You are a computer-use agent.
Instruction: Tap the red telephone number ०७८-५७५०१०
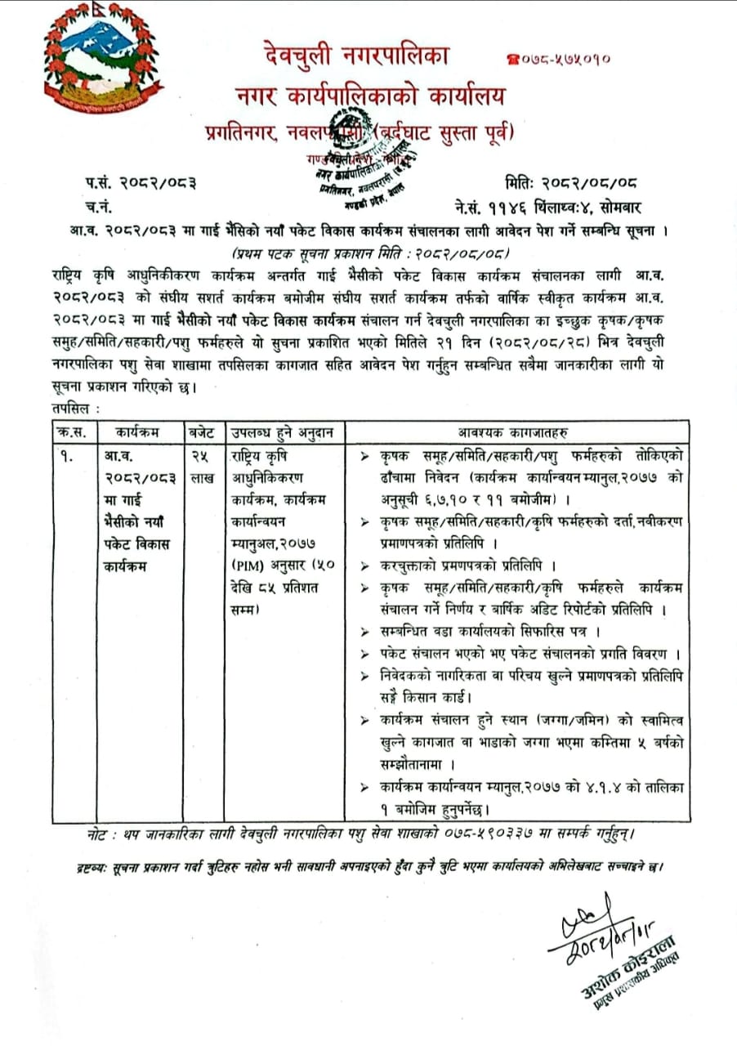(560, 60)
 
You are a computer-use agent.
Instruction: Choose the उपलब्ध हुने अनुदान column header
(283, 431)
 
